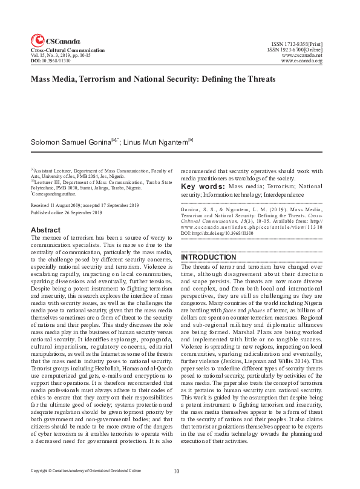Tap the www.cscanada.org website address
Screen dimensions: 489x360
tap(302, 61)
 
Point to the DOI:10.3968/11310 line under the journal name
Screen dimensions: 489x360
tap(50, 61)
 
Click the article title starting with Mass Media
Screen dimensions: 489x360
tap(153, 79)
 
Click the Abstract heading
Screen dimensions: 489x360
tap(45, 230)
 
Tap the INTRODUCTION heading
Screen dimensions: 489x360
tap(209, 257)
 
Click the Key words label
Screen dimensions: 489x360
tap(202, 186)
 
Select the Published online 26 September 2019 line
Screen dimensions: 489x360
tap(66, 213)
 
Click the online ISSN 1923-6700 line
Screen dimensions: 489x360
tap(295, 50)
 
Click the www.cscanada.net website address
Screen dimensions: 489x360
tap(302, 55)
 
